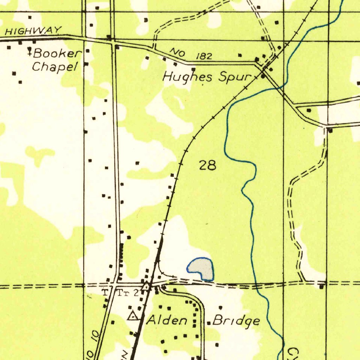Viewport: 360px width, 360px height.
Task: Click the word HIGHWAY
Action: click(x=34, y=31)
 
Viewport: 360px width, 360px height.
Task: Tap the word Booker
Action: click(x=56, y=54)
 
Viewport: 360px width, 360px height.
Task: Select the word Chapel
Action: click(x=54, y=66)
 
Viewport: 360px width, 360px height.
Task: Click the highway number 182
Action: click(x=204, y=56)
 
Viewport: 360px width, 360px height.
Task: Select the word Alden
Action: click(x=167, y=320)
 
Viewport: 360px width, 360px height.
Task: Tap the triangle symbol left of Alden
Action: click(x=133, y=316)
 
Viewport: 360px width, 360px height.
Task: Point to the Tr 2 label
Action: click(x=130, y=293)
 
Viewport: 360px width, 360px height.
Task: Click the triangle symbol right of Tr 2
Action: click(x=145, y=286)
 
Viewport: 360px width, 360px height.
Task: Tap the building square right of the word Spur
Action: click(x=263, y=76)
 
